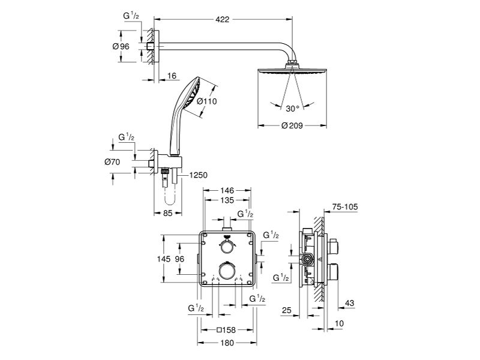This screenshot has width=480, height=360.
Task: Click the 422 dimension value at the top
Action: point(222,19)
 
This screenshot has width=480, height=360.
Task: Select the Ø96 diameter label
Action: point(121,47)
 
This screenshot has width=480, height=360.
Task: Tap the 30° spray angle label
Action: point(292,109)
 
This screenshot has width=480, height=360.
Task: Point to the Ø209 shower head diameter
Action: point(292,125)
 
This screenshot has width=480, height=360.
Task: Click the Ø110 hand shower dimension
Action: point(206,101)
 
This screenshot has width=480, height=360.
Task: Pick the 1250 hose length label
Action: point(199,175)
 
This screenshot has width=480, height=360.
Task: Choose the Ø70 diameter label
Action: point(112,162)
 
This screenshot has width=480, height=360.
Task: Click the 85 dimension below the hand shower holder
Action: point(168,213)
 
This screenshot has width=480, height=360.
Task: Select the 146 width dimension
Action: point(227,191)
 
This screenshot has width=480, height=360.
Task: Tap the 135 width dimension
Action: point(227,200)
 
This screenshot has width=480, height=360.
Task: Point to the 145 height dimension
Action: point(163,259)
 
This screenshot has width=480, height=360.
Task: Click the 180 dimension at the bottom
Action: point(227,343)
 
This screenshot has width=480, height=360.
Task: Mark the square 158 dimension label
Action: point(226,330)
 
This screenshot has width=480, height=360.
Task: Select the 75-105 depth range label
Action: point(345,207)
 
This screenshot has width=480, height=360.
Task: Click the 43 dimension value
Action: point(349,303)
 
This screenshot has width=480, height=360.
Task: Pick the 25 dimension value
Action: point(287,310)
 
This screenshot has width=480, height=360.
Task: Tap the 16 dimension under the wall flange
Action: point(172,76)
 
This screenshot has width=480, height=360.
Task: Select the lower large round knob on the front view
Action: point(227,271)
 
